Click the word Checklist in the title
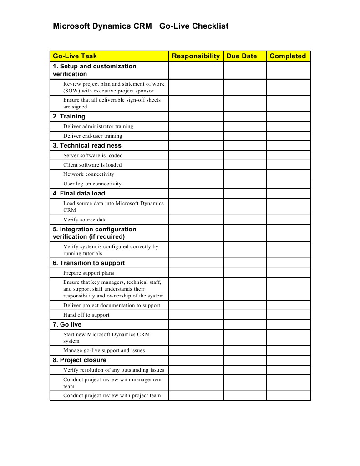point(210,26)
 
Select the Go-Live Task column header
point(75,56)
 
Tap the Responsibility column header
point(196,56)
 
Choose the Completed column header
point(288,56)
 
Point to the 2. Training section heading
point(69,116)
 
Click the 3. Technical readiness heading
point(87,145)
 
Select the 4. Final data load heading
point(79,193)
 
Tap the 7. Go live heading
point(67,324)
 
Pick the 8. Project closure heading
point(80,360)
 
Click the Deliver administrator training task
point(98,126)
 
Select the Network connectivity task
point(89,174)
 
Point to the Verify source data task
point(85,220)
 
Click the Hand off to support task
point(86,315)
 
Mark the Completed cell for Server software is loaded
point(288,155)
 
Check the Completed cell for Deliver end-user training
point(288,136)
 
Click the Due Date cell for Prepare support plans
point(244,273)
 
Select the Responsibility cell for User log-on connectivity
point(196,184)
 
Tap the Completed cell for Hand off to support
point(288,315)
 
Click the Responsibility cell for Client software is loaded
point(196,165)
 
